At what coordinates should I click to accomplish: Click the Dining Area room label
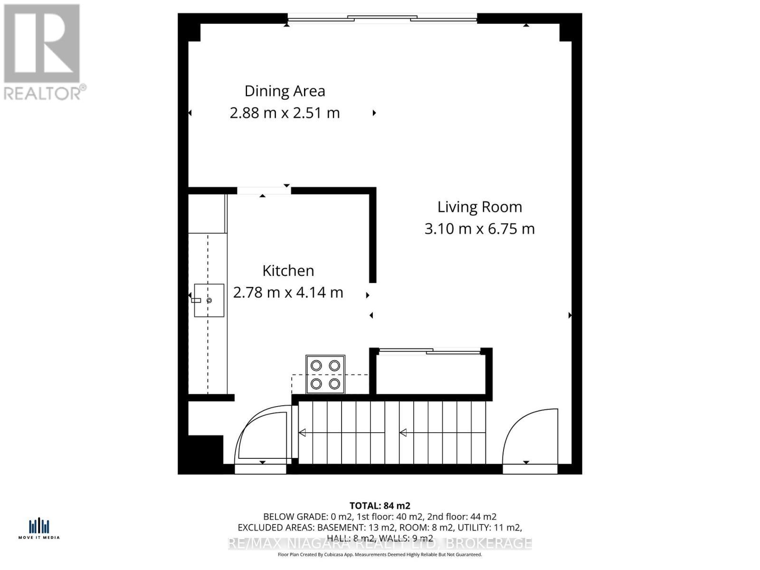(x=285, y=91)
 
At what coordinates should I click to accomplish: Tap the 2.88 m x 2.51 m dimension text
(x=285, y=113)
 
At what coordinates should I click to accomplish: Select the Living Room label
(x=479, y=207)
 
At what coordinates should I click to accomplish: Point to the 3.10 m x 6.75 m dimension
(x=479, y=229)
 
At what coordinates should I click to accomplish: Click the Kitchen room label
(x=288, y=270)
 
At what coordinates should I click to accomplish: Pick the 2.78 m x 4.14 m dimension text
(x=288, y=292)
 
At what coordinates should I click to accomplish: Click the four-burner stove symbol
(x=325, y=374)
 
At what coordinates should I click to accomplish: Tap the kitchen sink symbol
(x=209, y=300)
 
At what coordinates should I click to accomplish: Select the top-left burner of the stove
(x=316, y=366)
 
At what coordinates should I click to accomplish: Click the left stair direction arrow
(x=302, y=433)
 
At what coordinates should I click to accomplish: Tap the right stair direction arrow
(x=403, y=433)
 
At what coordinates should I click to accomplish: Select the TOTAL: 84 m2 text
(x=380, y=506)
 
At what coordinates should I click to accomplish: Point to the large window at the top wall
(x=382, y=19)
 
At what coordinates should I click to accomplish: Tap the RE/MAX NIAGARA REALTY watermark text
(x=380, y=543)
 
